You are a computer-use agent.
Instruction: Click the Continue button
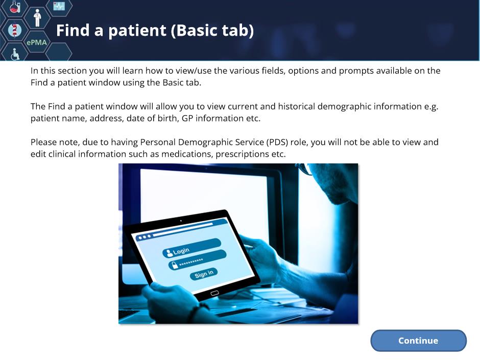point(419,341)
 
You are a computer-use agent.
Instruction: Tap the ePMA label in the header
point(37,42)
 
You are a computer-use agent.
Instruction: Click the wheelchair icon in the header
point(15,54)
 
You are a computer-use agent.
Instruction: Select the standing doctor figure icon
point(37,18)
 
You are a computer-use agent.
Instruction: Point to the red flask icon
point(14,7)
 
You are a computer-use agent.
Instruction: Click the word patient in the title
point(137,31)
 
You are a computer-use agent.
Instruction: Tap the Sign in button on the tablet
point(204,273)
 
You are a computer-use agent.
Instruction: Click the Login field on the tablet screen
point(192,248)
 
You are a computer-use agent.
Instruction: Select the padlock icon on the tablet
point(175,265)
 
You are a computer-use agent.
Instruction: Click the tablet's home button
point(214,293)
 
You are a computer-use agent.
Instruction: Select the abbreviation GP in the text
point(187,118)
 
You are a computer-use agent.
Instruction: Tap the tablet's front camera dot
point(181,221)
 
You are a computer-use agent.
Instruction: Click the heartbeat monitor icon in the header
point(59,6)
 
